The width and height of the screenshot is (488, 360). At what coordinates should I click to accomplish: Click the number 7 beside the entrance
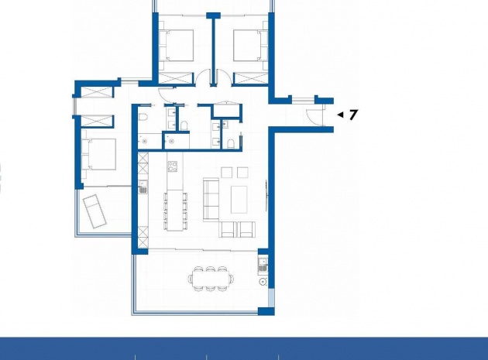(353, 115)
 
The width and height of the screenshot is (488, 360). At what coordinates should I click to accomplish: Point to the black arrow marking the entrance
(341, 115)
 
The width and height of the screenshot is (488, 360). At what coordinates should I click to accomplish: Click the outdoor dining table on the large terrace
(211, 279)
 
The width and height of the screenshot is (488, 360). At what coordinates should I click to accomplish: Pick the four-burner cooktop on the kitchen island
(173, 166)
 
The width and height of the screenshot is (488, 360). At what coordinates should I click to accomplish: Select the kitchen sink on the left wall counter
(143, 187)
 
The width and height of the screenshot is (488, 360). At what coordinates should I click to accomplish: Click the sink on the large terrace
(263, 264)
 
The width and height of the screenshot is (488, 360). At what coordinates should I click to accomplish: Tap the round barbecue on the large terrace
(263, 282)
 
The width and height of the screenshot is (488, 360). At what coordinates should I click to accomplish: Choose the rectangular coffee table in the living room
(239, 200)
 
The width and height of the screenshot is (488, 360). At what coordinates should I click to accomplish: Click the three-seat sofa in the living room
(211, 199)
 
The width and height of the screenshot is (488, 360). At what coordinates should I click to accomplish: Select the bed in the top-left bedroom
(176, 45)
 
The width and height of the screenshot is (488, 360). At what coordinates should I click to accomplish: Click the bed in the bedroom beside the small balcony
(98, 154)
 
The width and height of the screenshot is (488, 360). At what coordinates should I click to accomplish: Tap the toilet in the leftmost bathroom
(143, 118)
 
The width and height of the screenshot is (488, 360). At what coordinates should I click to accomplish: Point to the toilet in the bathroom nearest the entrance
(231, 143)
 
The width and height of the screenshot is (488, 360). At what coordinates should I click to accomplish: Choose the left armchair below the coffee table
(228, 229)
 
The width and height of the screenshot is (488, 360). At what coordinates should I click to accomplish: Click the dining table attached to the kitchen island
(175, 211)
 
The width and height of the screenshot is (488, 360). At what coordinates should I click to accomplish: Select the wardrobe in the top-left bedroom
(176, 77)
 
